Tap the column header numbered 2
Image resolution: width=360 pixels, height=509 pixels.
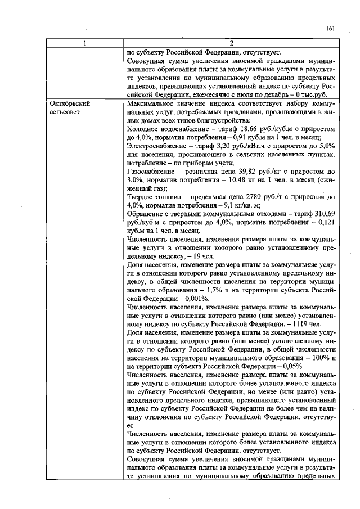coord(231,44)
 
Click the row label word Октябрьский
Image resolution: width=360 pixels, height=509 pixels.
coord(70,104)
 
